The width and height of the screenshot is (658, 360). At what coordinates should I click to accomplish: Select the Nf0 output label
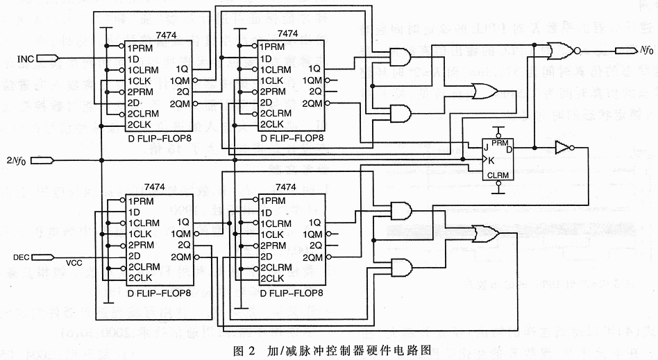tap(646, 50)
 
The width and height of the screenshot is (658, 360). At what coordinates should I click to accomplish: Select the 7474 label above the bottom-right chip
tap(286, 187)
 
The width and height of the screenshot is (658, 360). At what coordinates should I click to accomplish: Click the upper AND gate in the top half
tap(400, 56)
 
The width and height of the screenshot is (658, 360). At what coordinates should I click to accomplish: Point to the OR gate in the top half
tap(482, 90)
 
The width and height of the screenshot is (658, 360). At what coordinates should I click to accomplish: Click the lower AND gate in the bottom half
tap(400, 268)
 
